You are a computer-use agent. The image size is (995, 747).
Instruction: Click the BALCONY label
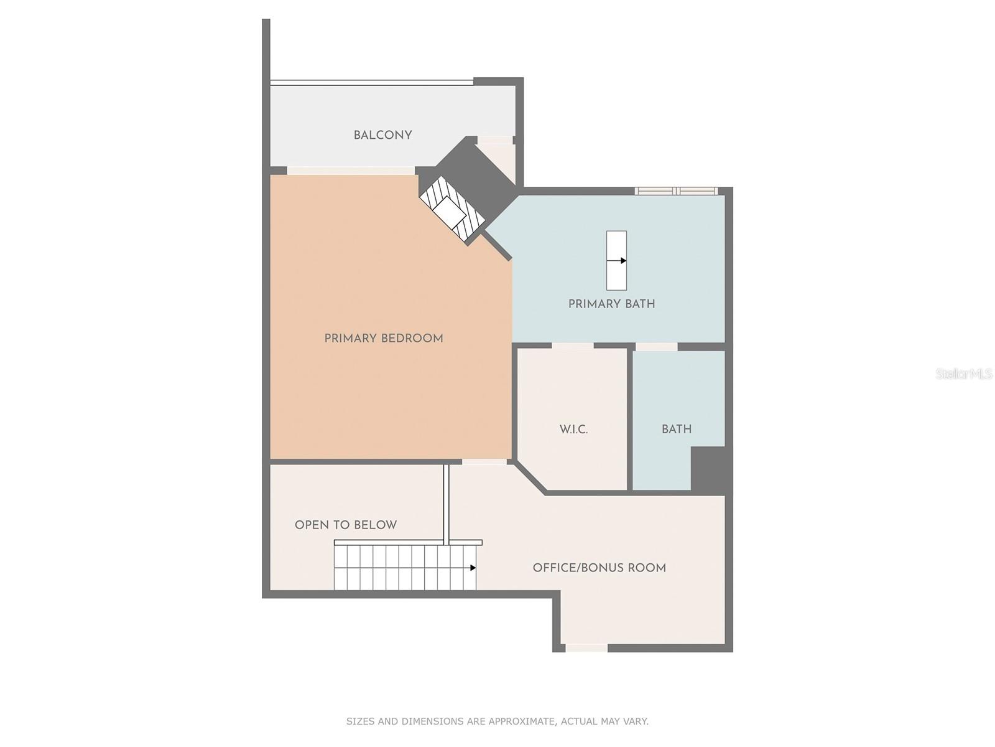tap(382, 135)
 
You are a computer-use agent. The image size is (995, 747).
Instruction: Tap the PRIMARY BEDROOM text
tap(383, 339)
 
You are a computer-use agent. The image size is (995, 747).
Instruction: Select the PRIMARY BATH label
tap(611, 304)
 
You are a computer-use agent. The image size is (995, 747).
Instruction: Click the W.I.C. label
tap(573, 430)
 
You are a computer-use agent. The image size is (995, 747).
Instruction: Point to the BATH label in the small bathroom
tap(676, 429)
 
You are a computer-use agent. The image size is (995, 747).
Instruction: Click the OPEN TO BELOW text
tap(345, 525)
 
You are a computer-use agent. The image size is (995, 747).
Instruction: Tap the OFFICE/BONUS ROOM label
tap(599, 568)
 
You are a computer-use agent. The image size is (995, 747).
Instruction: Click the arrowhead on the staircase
tap(473, 568)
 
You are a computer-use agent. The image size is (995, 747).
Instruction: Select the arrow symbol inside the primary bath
tap(622, 261)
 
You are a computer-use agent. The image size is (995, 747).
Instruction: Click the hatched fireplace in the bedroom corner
tap(451, 209)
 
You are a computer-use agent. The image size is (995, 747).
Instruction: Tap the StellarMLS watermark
tap(963, 374)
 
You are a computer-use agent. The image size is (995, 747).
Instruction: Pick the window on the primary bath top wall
tap(676, 191)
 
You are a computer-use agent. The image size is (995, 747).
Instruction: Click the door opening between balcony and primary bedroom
tap(350, 171)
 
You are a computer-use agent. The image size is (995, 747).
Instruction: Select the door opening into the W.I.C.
tap(572, 345)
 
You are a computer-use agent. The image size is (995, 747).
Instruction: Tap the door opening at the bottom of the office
tap(586, 648)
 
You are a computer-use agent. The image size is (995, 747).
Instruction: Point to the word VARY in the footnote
tap(636, 721)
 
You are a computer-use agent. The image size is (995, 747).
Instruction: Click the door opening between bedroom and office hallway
tap(484, 461)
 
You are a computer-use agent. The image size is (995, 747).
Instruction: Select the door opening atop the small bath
tap(656, 347)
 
